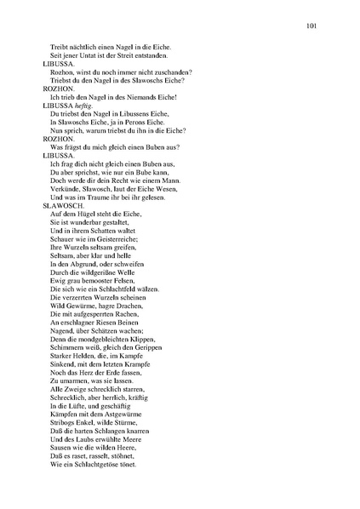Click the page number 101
coord(311,26)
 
